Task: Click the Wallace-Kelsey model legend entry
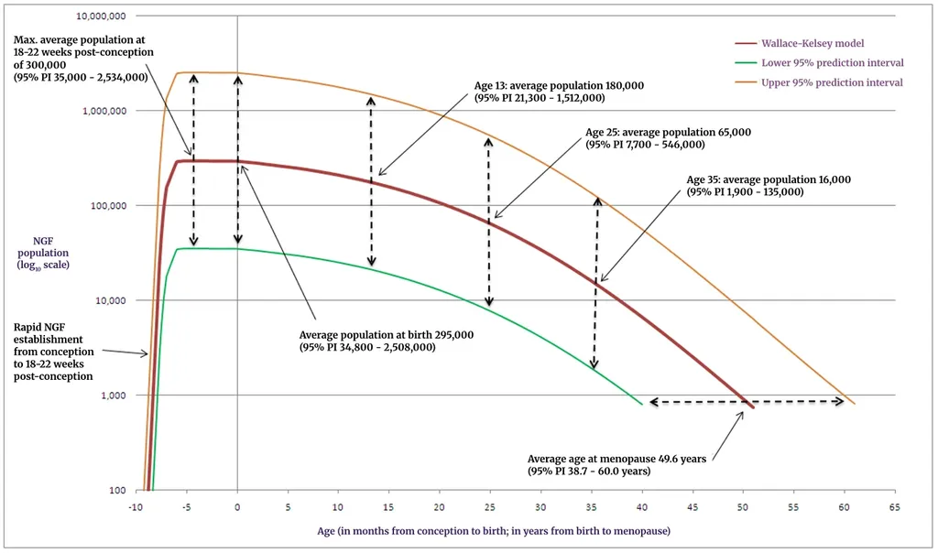tap(813, 43)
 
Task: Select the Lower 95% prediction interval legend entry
tap(832, 63)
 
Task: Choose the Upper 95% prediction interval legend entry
tap(832, 82)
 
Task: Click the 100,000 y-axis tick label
tap(108, 206)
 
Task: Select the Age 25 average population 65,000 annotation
tap(668, 138)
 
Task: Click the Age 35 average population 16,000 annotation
tap(769, 186)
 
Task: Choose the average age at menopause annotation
tap(616, 465)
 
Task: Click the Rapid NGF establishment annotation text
tap(53, 351)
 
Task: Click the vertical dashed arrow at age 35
tap(596, 282)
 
